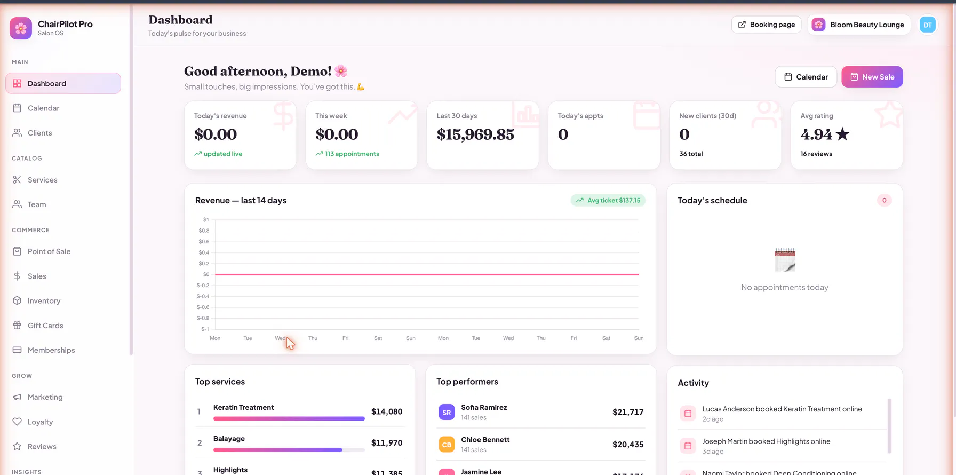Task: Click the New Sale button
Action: [872, 77]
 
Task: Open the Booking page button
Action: [766, 25]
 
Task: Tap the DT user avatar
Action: [928, 25]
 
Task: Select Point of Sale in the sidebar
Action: [49, 251]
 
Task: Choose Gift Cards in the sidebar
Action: [45, 326]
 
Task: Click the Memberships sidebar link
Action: [51, 350]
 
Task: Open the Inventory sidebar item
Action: [44, 301]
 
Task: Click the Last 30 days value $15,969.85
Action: [475, 134]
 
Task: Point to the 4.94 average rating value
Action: [816, 134]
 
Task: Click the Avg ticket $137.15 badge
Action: [608, 200]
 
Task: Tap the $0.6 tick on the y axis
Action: [204, 242]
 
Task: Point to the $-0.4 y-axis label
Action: [203, 296]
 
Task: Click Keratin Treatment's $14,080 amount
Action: [387, 411]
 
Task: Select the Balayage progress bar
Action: [289, 450]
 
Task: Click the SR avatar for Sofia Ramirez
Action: [447, 412]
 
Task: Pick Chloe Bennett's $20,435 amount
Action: [628, 444]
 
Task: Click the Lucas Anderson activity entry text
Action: [782, 409]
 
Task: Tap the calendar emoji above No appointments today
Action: [785, 260]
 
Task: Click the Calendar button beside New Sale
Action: [806, 77]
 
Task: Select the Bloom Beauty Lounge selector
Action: [859, 25]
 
